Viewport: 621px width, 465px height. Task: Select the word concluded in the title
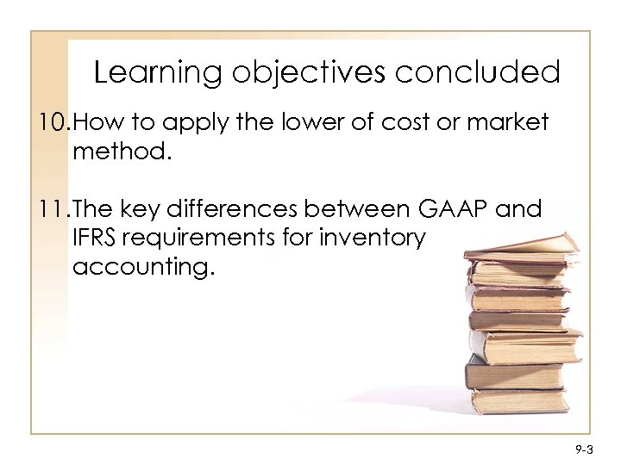coord(477,72)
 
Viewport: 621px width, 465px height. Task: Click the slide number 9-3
coord(584,449)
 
